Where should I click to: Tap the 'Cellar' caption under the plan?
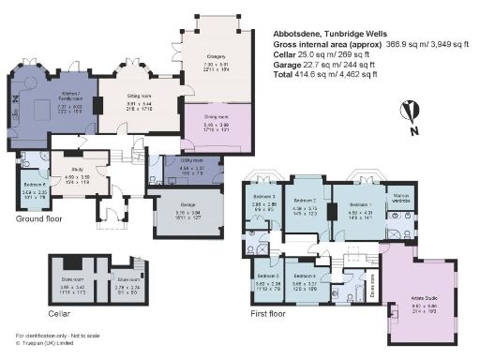pyautogui.click(x=58, y=313)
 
